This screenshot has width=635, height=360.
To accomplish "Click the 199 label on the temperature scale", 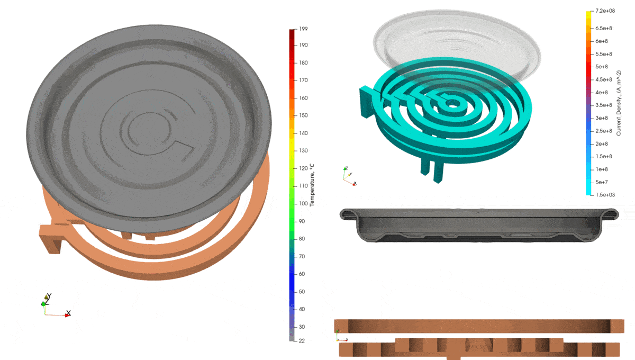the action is click(x=303, y=29).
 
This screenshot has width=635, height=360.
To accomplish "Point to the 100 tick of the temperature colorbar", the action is click(x=303, y=203).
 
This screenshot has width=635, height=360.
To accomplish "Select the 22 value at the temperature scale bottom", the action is click(x=302, y=340).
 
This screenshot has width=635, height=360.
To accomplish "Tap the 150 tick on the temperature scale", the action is click(x=303, y=115).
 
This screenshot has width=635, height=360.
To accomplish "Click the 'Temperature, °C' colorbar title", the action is click(x=312, y=185).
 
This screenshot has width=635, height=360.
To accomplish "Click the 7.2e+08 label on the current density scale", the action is click(x=605, y=11).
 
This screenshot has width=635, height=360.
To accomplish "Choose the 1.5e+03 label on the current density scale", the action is click(x=605, y=195).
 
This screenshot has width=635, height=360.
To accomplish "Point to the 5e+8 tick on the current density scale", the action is click(x=602, y=66).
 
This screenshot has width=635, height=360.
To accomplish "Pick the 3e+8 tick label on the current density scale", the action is click(x=602, y=118).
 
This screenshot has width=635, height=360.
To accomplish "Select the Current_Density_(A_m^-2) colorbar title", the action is click(x=619, y=103).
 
